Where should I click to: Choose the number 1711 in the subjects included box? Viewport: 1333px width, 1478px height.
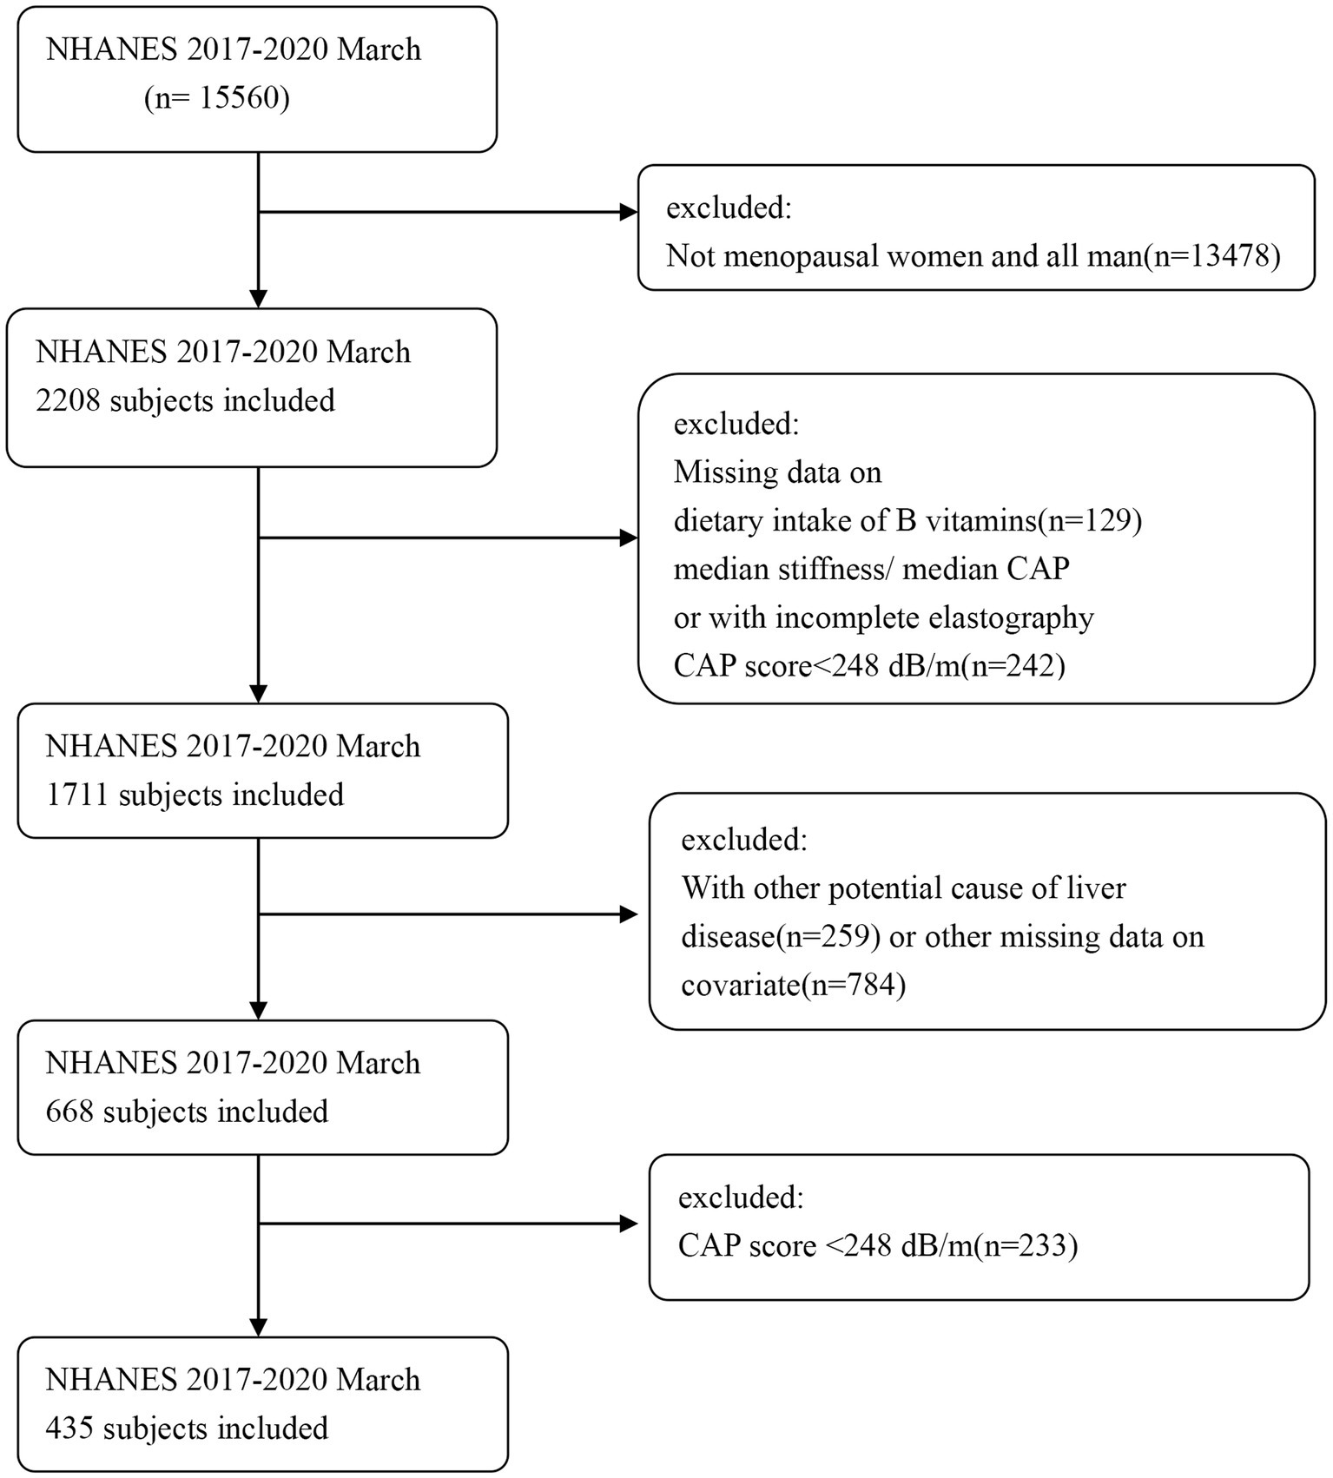pos(76,795)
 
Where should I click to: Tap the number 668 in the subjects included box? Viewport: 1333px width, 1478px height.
pos(69,1112)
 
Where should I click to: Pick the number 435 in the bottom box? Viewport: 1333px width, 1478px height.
pos(69,1429)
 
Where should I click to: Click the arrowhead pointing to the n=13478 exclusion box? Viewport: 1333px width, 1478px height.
pos(629,212)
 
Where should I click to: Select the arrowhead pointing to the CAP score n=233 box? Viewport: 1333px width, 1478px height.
pos(629,1224)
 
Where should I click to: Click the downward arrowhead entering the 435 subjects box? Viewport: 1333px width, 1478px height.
pos(259,1327)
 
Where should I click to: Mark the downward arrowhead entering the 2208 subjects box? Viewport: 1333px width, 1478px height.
pos(259,299)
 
